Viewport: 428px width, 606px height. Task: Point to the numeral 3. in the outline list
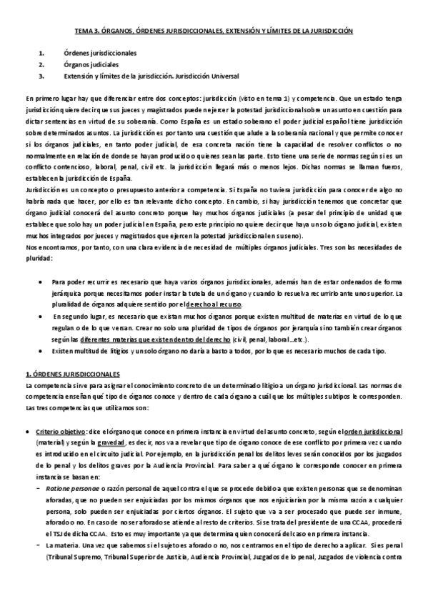tap(42, 75)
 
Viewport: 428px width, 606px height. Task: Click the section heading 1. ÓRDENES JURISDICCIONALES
tap(73, 375)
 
